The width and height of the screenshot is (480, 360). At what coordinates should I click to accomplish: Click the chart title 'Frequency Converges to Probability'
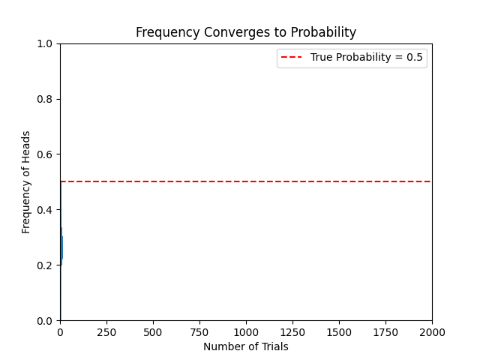(246, 32)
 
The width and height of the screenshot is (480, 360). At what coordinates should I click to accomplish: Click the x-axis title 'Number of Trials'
(246, 346)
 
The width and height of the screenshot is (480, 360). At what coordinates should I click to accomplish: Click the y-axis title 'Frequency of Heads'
(26, 181)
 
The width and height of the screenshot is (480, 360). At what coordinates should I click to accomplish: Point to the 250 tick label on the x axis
(106, 331)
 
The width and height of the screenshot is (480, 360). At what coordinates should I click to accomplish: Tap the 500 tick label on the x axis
(153, 331)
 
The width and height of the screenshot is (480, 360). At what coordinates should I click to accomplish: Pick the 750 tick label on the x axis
(199, 331)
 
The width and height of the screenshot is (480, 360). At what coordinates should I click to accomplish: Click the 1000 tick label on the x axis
(246, 331)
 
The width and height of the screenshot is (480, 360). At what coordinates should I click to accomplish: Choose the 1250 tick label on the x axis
(292, 331)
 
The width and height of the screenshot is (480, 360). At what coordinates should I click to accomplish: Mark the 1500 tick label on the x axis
(339, 331)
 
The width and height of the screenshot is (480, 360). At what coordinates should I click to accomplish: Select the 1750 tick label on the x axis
(385, 331)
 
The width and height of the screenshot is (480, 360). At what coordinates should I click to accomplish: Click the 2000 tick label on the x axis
(432, 331)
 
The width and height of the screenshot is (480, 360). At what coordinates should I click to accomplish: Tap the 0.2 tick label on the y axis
(46, 265)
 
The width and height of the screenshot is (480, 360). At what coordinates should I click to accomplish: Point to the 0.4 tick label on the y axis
(46, 210)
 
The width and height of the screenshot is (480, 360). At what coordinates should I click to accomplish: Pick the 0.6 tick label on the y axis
(46, 154)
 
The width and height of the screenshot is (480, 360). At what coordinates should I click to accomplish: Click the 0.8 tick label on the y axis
(46, 99)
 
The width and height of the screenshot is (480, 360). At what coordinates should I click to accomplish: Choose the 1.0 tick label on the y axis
(46, 43)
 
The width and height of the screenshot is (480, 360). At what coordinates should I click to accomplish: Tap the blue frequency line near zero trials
(61, 247)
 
